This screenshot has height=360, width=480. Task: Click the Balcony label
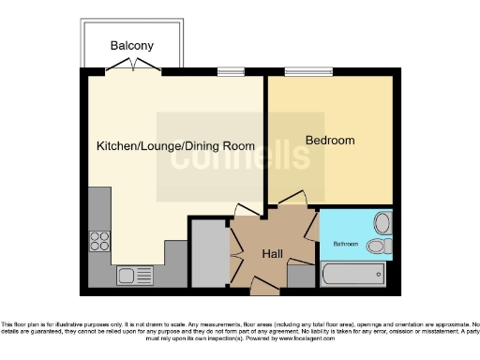131,46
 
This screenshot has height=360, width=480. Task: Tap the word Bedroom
331,141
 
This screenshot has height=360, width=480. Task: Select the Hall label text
272,252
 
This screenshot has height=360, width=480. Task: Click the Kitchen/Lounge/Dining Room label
175,146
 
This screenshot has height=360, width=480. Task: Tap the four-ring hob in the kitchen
99,241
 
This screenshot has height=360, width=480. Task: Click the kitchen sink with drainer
135,276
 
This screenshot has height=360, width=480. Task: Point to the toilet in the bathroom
378,246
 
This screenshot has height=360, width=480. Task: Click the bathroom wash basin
382,223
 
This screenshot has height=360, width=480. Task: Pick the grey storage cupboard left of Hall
208,253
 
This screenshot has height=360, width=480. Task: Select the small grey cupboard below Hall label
300,276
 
